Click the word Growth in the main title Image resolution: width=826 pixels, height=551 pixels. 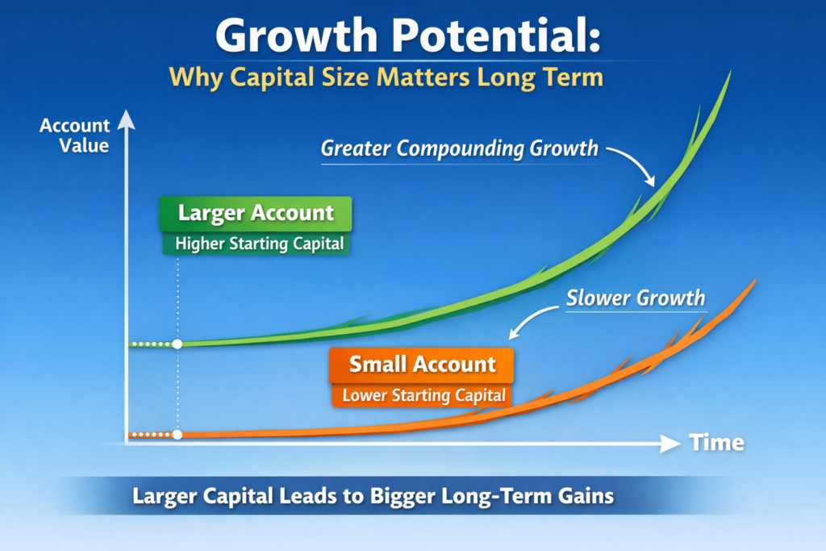point(296,35)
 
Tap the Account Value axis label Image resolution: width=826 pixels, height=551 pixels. point(75,136)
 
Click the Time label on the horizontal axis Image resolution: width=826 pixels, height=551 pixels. point(716,442)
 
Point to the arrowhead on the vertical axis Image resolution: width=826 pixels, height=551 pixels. point(127,119)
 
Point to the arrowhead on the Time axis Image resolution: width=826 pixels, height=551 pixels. point(670,444)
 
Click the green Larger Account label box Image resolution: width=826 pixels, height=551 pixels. point(256,213)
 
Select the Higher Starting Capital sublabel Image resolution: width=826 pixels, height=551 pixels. point(259,244)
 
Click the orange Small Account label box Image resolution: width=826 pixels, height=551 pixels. point(421,365)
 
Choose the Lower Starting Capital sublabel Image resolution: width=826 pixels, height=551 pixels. point(423,395)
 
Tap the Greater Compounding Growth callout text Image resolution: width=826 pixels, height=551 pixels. point(459,148)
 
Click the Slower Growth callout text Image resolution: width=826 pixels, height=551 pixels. point(636,298)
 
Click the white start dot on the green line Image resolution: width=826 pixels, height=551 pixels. point(177,344)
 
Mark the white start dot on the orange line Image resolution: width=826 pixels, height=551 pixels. point(177,435)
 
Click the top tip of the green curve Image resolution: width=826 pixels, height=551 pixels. point(731,70)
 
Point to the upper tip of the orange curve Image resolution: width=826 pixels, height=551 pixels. point(757,278)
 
